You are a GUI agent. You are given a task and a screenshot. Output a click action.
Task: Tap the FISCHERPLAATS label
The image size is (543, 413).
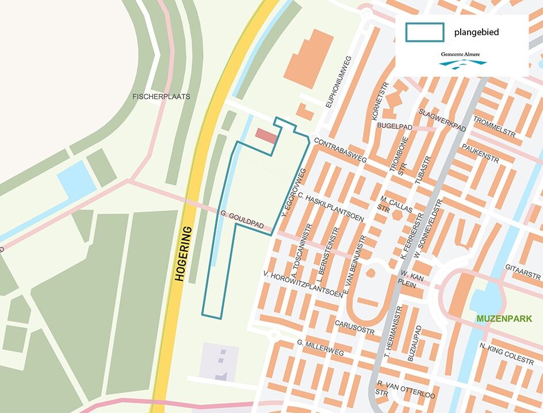tap(161, 97)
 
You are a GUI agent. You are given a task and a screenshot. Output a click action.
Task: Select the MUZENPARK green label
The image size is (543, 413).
tap(504, 319)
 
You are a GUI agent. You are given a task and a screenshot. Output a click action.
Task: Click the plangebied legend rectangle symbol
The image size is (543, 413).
tap(425, 32)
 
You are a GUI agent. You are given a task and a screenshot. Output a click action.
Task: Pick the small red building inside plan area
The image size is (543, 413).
tap(266, 137)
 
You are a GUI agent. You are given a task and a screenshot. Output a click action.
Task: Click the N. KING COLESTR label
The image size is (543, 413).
tap(506, 353)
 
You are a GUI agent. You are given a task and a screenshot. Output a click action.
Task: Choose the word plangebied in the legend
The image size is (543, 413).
tap(476, 32)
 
